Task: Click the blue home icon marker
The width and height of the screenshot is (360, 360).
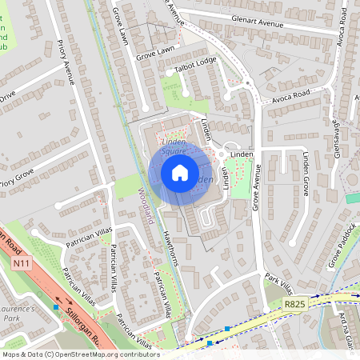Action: point(180,173)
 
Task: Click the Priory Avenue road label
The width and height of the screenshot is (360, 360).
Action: point(69,71)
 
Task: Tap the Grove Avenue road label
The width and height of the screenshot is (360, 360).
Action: point(258,184)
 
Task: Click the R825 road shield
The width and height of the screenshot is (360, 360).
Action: point(295,304)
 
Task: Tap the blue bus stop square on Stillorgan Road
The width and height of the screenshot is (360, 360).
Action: point(55,306)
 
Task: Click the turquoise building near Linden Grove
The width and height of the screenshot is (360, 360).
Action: point(352,198)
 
